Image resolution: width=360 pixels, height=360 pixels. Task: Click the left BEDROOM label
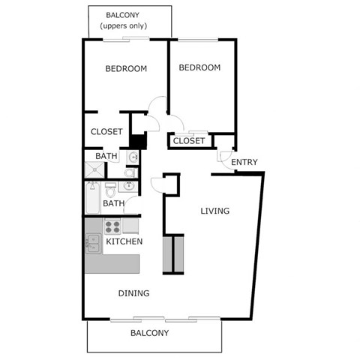(x=125, y=69)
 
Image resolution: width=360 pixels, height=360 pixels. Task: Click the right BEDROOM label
(x=199, y=67)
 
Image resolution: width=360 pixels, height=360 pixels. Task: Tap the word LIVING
(x=214, y=211)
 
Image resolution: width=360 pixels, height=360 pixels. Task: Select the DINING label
(x=133, y=293)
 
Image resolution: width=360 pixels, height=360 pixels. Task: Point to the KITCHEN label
(x=124, y=242)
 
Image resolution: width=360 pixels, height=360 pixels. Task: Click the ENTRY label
(x=244, y=163)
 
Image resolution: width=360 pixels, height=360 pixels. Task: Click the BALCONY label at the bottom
(x=149, y=333)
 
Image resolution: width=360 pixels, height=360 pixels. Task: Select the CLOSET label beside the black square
(x=106, y=132)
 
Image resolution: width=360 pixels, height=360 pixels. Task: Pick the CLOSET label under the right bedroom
(x=189, y=141)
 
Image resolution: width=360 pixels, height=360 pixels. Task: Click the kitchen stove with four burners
(x=112, y=226)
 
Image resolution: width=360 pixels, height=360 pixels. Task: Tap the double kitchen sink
(x=94, y=243)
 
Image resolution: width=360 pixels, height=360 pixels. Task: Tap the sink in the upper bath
(x=132, y=157)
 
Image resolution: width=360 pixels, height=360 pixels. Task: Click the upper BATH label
(x=106, y=156)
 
